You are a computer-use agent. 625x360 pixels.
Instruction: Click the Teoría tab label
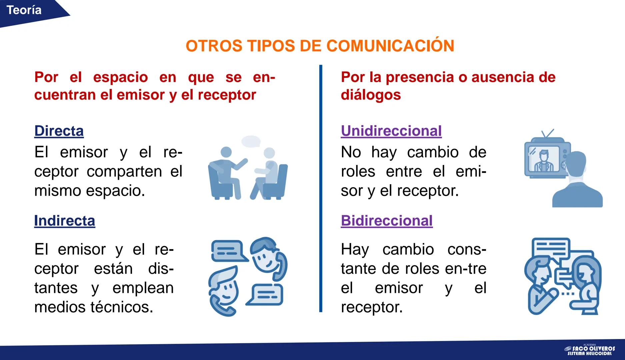[x=24, y=10]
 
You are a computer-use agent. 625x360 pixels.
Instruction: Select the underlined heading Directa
[x=59, y=131]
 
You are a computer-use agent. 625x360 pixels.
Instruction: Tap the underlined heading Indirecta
[x=65, y=221]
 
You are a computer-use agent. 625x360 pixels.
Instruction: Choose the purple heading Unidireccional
[x=391, y=131]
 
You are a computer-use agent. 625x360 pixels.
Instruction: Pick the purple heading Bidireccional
[x=387, y=221]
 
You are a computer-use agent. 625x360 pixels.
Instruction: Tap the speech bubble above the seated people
[x=251, y=141]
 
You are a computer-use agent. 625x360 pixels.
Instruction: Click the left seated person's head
[x=226, y=152]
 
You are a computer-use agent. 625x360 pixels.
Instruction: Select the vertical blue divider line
[x=321, y=188]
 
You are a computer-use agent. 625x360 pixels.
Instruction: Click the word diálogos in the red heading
[x=371, y=95]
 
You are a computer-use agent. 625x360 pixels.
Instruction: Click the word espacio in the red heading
[x=120, y=77]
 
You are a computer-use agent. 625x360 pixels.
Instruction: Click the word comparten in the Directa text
[x=124, y=172]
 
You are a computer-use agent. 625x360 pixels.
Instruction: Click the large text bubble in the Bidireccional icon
[x=551, y=249]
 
